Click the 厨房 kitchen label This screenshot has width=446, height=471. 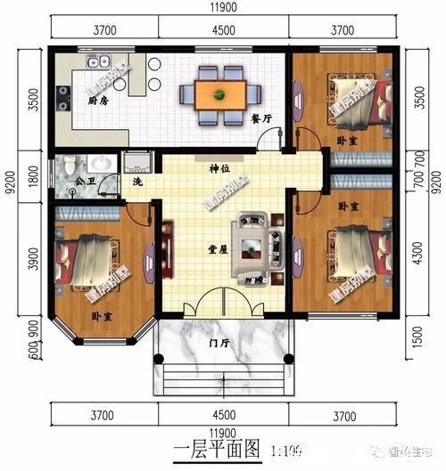pyautogui.click(x=98, y=126)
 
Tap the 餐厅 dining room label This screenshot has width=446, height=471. pyautogui.click(x=260, y=117)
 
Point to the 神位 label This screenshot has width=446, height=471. pyautogui.click(x=220, y=168)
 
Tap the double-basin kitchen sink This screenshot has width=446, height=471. pyautogui.click(x=96, y=63)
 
